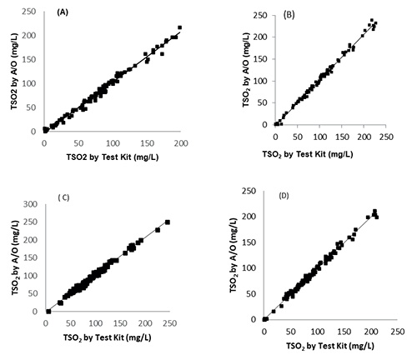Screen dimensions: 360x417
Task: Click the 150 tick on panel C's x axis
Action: point(139,321)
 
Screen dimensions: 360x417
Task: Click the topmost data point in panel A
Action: point(179,27)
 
